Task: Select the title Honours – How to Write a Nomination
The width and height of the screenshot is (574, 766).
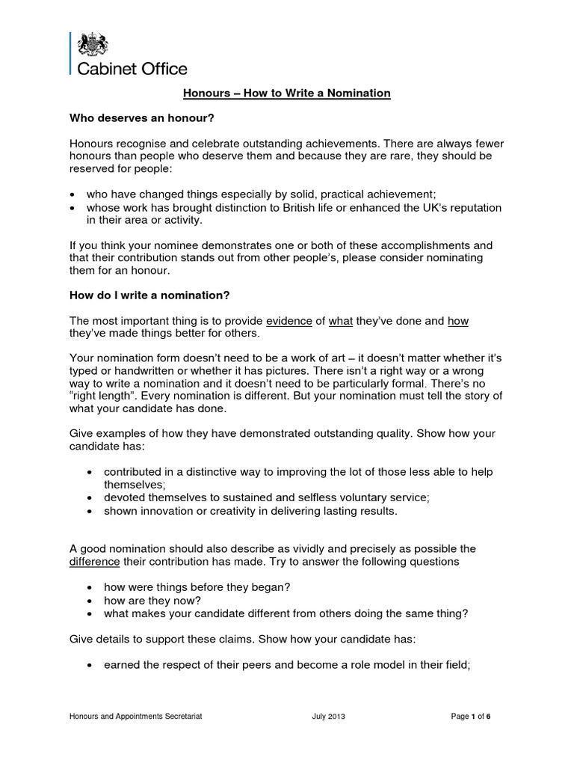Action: pyautogui.click(x=287, y=94)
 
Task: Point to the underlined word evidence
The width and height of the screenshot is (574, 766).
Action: pyautogui.click(x=289, y=321)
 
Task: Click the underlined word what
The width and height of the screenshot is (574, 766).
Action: pyautogui.click(x=341, y=321)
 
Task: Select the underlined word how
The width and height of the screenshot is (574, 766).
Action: pyautogui.click(x=458, y=321)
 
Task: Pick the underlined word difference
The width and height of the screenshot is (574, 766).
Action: pyautogui.click(x=94, y=562)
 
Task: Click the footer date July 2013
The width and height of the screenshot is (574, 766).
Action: pyautogui.click(x=328, y=717)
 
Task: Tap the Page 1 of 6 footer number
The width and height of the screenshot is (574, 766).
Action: pyautogui.click(x=471, y=717)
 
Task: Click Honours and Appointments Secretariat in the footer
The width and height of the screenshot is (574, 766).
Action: pyautogui.click(x=136, y=717)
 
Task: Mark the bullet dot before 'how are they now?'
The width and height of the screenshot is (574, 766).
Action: pyautogui.click(x=90, y=601)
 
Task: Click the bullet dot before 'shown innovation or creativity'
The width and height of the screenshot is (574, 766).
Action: pyautogui.click(x=90, y=512)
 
